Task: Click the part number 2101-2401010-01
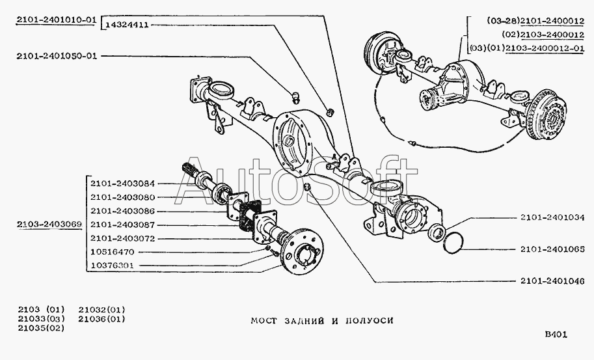click(57, 21)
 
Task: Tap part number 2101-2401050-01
click(57, 56)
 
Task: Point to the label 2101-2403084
click(122, 182)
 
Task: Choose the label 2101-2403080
click(122, 197)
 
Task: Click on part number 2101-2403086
click(122, 211)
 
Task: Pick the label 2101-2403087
click(122, 225)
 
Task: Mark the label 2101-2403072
click(122, 238)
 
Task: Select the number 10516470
click(112, 252)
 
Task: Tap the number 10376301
click(112, 266)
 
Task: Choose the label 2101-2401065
click(552, 249)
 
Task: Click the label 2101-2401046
click(552, 281)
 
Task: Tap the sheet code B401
click(556, 335)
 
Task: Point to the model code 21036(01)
click(101, 319)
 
